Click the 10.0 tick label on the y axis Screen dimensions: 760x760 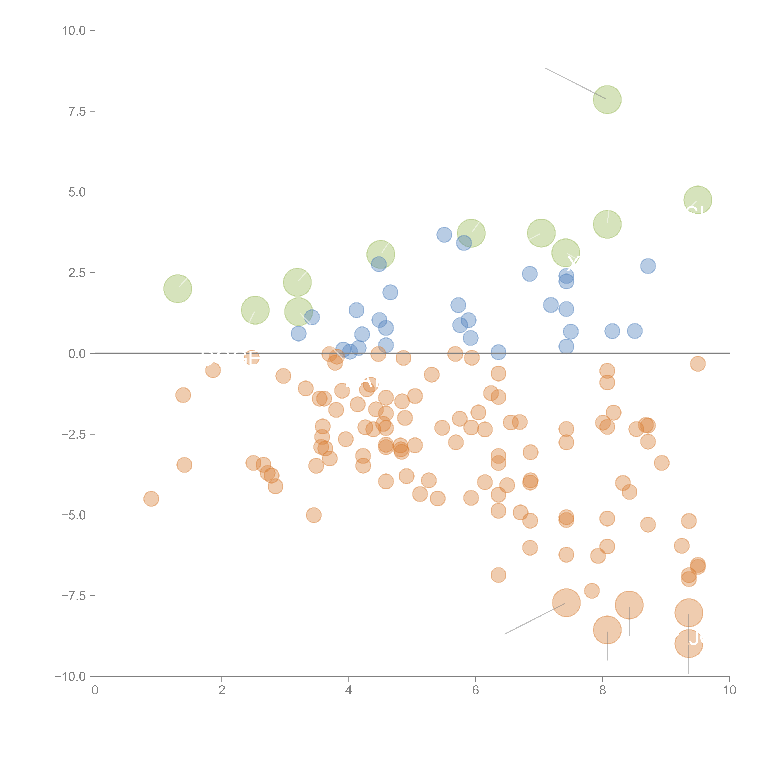(x=74, y=31)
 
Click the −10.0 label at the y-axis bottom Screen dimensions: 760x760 (x=71, y=677)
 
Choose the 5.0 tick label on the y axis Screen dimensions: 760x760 (x=77, y=192)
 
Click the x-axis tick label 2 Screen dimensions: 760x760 (x=222, y=690)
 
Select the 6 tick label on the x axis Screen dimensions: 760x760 (x=476, y=690)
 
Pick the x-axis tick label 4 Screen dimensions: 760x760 (x=349, y=690)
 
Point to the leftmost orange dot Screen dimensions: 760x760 (x=151, y=499)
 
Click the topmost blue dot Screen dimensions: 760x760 (x=444, y=235)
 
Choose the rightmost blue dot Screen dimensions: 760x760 (x=648, y=266)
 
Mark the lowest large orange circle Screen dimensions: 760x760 (x=688, y=644)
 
